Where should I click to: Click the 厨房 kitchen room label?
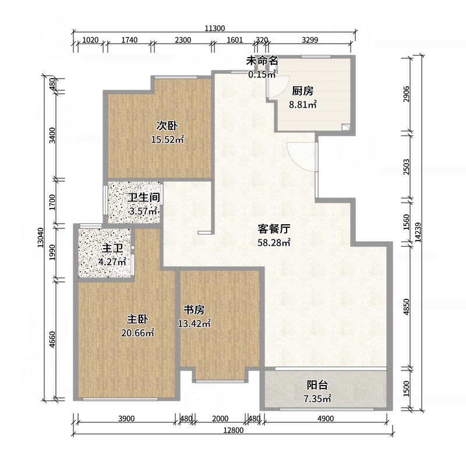point(302,91)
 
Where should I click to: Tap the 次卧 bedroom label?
point(167,126)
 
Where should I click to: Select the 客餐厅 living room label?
point(274,229)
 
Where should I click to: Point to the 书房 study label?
point(194,310)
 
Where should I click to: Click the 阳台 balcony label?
point(317,385)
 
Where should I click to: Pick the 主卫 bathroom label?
point(112,249)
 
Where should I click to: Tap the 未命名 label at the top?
point(262,61)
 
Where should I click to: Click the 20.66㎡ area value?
point(137,333)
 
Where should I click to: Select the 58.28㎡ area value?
point(274,242)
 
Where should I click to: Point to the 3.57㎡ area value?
point(143,211)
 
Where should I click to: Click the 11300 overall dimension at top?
point(215,28)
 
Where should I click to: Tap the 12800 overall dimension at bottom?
point(234,430)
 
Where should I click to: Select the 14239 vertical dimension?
point(418,232)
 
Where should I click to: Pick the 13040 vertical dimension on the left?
point(41,238)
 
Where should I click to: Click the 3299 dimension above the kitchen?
point(310,40)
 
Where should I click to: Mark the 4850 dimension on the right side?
point(407,307)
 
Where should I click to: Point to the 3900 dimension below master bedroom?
point(126,418)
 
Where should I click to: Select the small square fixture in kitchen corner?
point(346,127)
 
